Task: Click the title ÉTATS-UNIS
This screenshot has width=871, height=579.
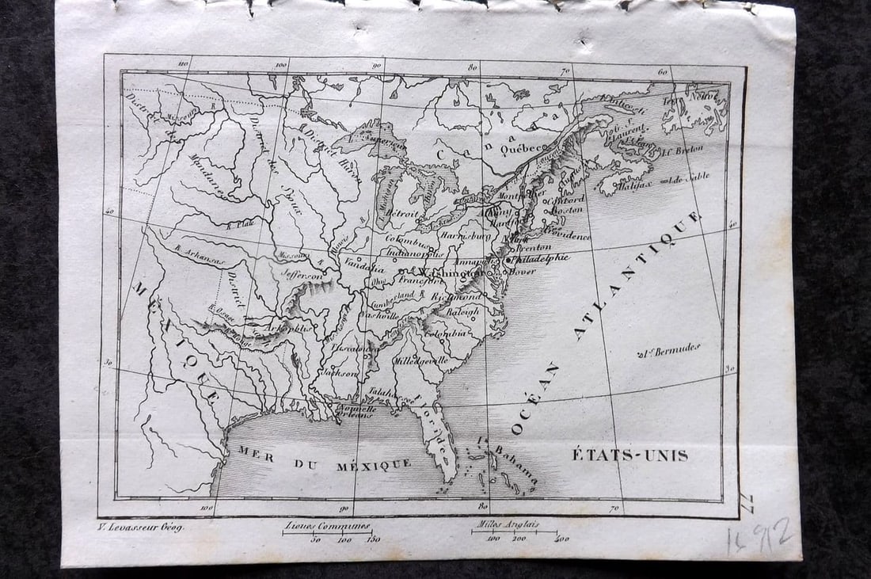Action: coord(630,455)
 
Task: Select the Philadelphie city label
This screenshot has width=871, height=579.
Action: coord(542,258)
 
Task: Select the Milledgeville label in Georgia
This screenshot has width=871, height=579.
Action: coord(421,360)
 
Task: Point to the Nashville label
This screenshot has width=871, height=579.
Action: coord(381,314)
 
